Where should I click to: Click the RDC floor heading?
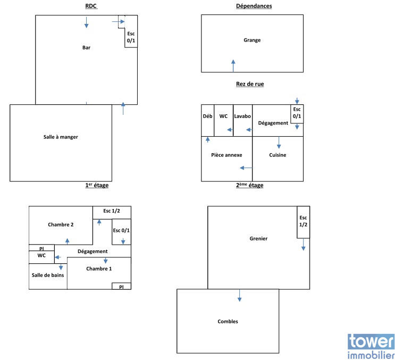pos(91,6)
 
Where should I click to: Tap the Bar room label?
pos(86,48)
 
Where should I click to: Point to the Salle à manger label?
pos(61,137)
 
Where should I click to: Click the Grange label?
pos(252,40)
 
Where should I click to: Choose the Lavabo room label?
pos(242,116)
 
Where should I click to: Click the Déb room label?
pos(207,116)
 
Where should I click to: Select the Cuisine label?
pos(278,155)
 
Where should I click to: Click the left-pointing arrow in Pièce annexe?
pos(246,168)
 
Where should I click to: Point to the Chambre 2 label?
pos(61,224)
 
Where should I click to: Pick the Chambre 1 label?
pos(99,269)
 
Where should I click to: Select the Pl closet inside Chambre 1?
pos(121,286)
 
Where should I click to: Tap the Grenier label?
pos(258,238)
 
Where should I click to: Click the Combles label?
pos(228,321)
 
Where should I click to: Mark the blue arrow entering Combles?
pos(240,296)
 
